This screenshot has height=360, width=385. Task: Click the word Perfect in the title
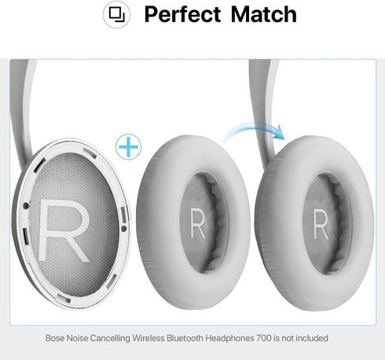coord(182,15)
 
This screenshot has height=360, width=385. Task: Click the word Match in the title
coord(264,15)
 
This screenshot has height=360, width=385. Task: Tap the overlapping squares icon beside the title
coord(116,15)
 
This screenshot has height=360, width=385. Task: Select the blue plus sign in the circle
coord(128,146)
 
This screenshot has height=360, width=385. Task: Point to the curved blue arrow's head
coord(280,132)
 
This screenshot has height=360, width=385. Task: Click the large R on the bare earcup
coord(64,230)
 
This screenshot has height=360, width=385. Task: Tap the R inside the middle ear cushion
coord(198,223)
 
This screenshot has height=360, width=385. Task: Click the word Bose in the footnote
coord(55,338)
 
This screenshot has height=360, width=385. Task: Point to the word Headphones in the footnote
coord(229,338)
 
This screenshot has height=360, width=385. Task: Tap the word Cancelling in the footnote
coord(110,339)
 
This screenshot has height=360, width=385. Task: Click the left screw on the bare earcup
coord(26,206)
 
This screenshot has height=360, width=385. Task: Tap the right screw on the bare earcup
coord(124,229)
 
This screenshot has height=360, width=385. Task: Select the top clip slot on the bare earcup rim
coord(90,153)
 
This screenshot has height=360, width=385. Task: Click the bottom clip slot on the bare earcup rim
coord(64,298)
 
